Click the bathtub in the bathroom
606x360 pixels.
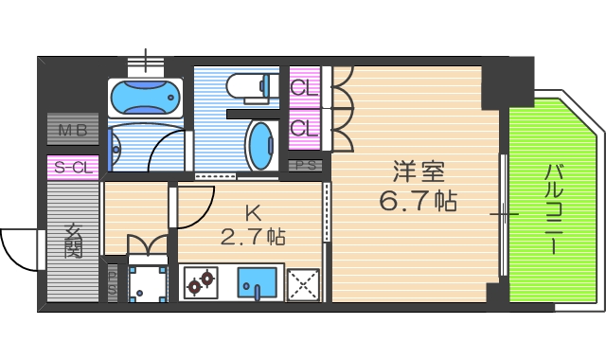click(x=144, y=98)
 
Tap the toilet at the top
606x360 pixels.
click(x=250, y=86)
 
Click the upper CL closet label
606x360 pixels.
click(x=303, y=89)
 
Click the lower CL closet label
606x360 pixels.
click(x=303, y=127)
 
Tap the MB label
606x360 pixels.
click(x=72, y=130)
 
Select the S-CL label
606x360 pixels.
click(x=73, y=168)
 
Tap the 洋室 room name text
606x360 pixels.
click(x=419, y=173)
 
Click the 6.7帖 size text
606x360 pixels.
click(x=419, y=201)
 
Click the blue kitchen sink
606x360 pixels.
click(x=256, y=282)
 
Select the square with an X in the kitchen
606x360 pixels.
click(x=305, y=283)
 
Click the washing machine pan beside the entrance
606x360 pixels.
click(x=147, y=281)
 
